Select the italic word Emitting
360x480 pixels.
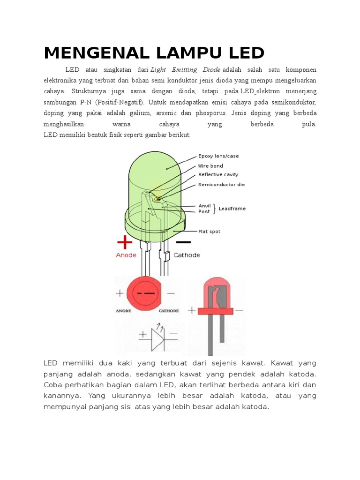[185, 69]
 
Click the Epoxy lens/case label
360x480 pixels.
[218, 156]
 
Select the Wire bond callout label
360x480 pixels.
[210, 165]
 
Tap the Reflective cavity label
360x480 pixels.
[218, 174]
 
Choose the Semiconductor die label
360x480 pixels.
[221, 184]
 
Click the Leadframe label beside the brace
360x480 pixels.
[232, 209]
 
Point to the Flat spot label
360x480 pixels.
[209, 231]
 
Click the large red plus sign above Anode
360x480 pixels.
[125, 242]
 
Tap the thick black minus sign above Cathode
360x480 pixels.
[183, 242]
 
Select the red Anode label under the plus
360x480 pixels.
[126, 255]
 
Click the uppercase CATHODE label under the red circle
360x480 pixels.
[169, 310]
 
